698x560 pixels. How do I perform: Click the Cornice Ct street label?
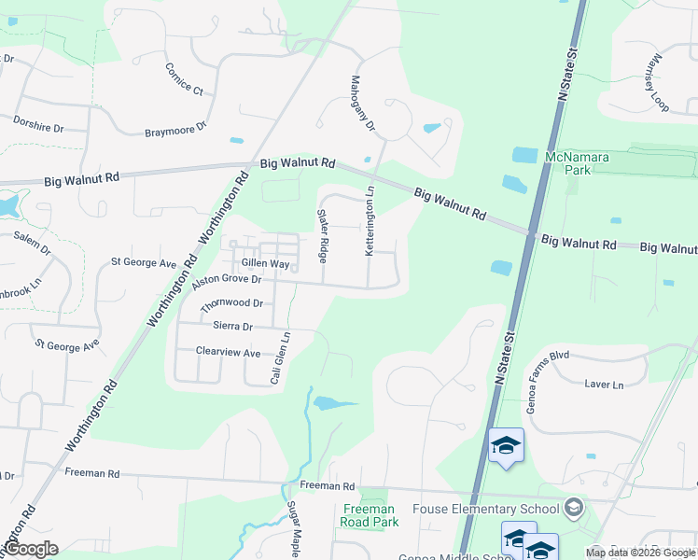[184, 79]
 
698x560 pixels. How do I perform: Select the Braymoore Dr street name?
[174, 130]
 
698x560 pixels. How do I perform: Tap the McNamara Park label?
[577, 164]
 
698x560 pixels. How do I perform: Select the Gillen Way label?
[266, 264]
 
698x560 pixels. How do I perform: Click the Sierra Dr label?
[233, 327]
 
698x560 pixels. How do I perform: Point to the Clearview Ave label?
[228, 352]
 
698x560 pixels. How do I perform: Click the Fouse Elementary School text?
[500, 509]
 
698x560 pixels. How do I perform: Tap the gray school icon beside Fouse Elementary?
[574, 509]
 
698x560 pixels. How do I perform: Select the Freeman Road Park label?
[370, 515]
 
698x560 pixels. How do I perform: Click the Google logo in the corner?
[30, 549]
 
